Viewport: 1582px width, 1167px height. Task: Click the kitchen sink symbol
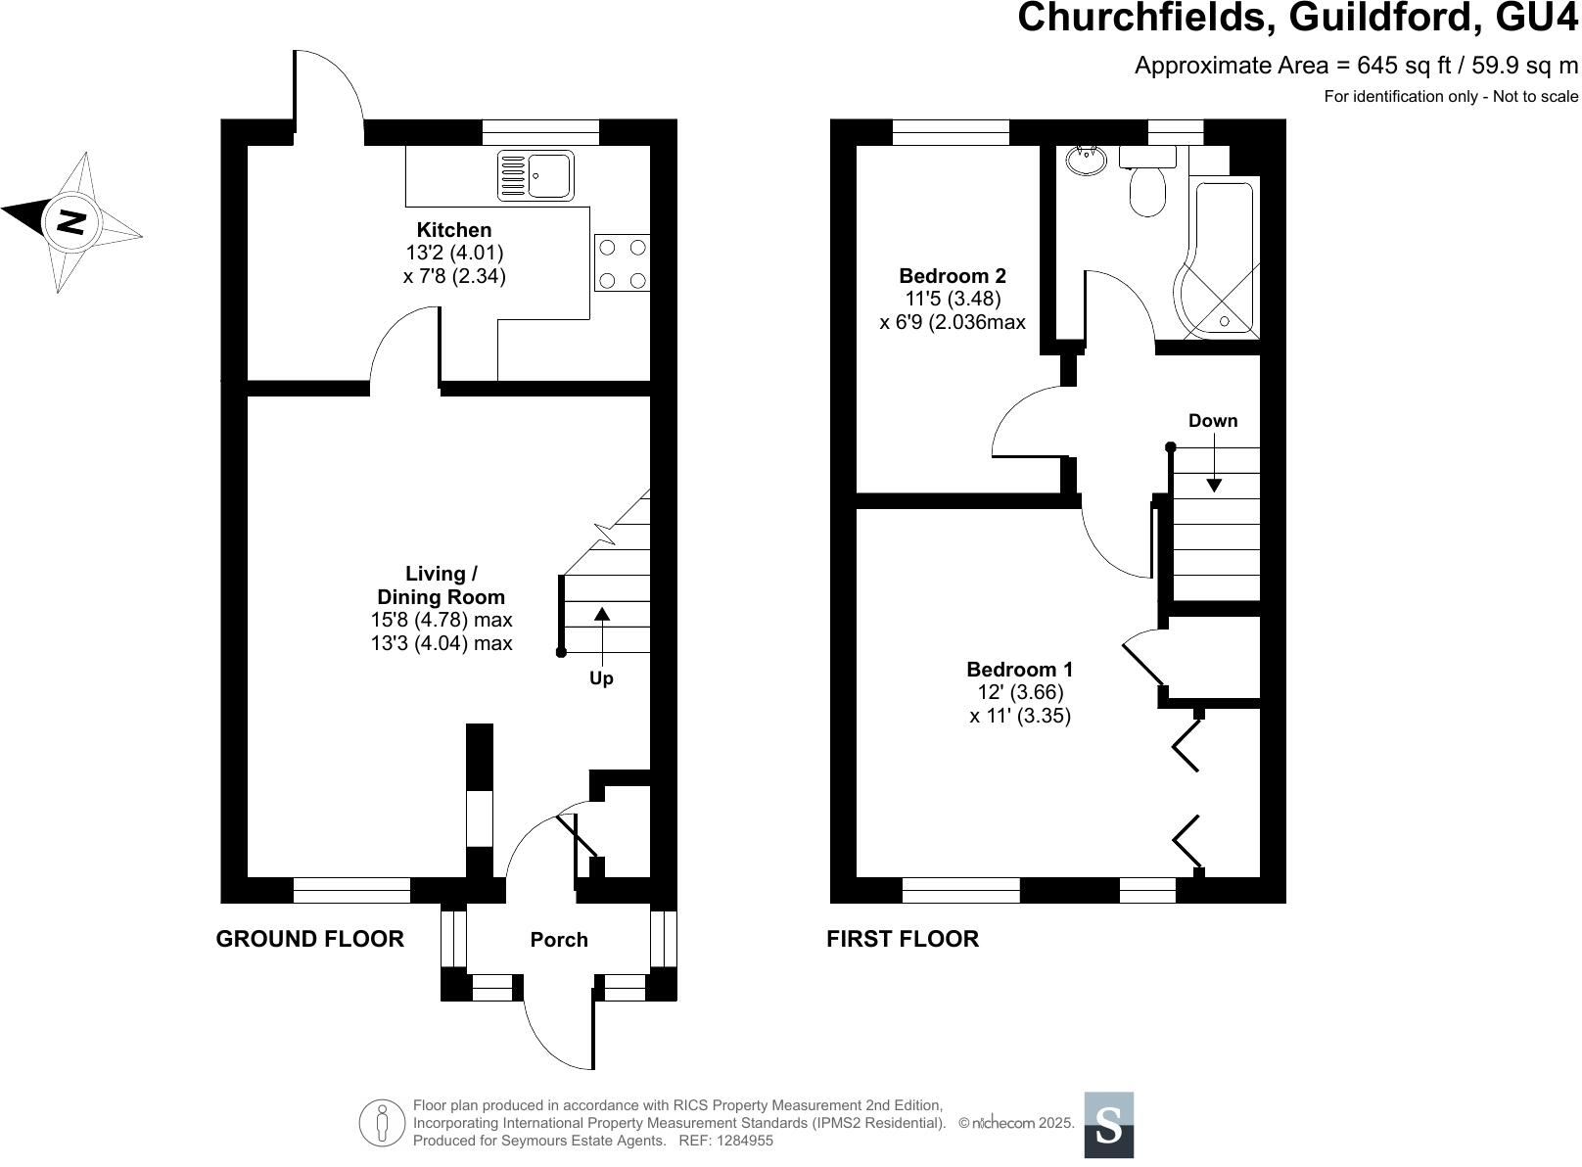(535, 175)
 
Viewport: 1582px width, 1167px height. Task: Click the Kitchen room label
(454, 230)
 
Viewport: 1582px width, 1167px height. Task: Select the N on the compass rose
(70, 222)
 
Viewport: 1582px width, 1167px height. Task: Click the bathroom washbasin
(1085, 160)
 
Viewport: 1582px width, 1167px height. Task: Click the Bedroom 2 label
(953, 276)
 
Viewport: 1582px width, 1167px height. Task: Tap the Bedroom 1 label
(1019, 670)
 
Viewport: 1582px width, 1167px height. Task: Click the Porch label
(559, 940)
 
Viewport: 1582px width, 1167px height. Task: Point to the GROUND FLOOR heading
(309, 939)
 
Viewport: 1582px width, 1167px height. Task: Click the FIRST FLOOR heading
(903, 939)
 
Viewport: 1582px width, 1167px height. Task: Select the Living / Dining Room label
(442, 585)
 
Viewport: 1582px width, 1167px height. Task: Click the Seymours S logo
(1108, 1124)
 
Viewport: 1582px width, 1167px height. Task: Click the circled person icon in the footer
(382, 1123)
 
